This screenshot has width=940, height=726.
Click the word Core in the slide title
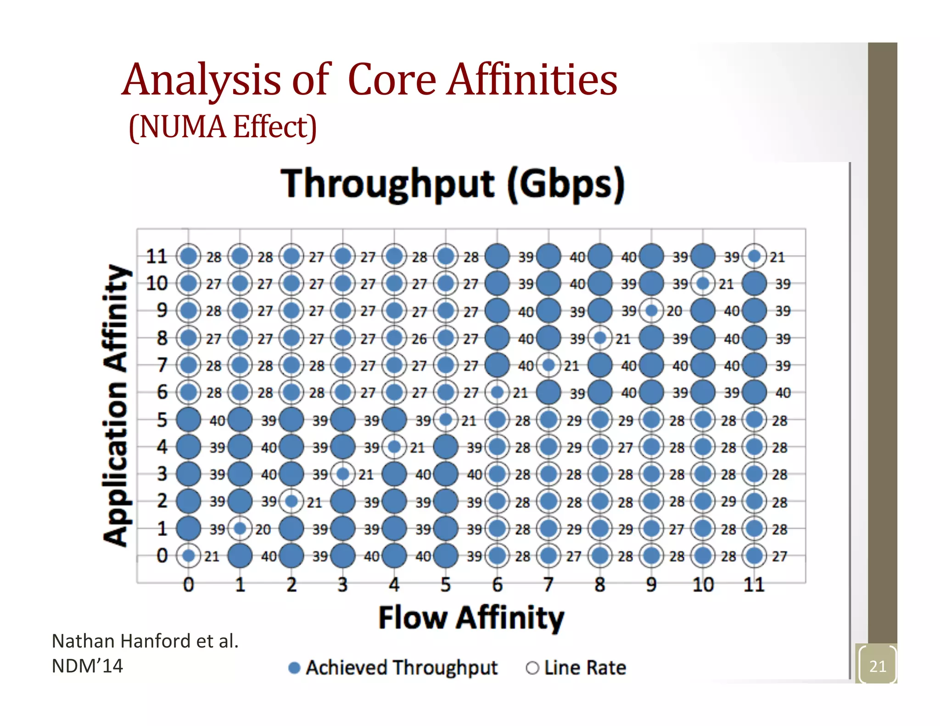[392, 80]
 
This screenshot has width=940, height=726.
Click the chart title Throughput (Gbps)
[453, 184]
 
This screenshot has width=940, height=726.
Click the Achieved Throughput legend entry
[393, 668]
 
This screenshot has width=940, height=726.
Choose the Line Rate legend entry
[576, 668]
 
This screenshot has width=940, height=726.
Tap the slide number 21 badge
[877, 666]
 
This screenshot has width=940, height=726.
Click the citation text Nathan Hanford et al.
[145, 641]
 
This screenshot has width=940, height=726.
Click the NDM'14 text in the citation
[87, 666]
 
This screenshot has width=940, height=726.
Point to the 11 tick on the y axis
[157, 256]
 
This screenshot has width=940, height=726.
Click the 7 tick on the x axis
[548, 585]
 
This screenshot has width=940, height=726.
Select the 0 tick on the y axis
[162, 556]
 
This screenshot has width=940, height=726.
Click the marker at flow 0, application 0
[188, 556]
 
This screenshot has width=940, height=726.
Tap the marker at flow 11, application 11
[754, 256]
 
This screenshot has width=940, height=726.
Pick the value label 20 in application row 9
[674, 311]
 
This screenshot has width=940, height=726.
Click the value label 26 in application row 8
[419, 339]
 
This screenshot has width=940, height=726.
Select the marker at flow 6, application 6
[497, 392]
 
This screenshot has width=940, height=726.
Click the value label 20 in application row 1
[263, 530]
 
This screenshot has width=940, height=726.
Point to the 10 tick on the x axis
[703, 585]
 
